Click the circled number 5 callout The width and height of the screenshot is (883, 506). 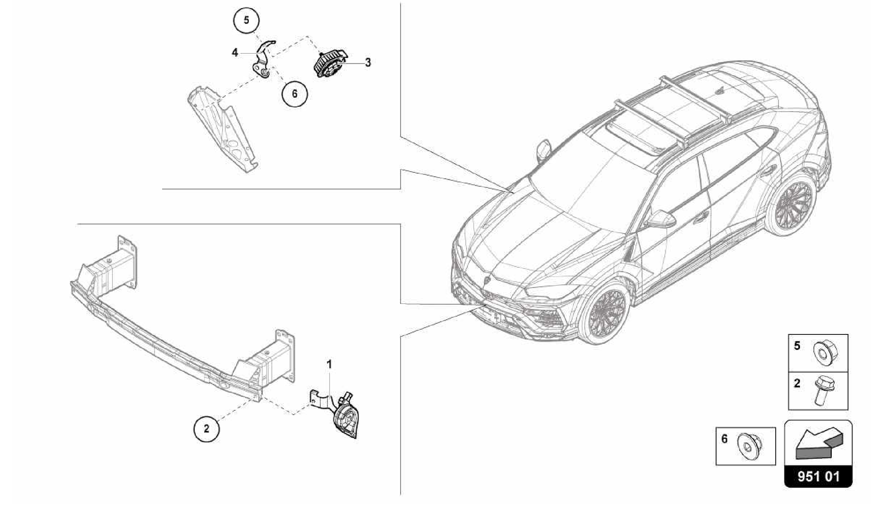pos(246,20)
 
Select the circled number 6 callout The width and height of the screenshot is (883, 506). pos(294,94)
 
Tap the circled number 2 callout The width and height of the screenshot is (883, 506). pos(207,429)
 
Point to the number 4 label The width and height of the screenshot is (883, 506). pos(235,53)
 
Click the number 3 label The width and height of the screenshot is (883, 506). pos(368,63)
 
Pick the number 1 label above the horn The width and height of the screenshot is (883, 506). pos(329,365)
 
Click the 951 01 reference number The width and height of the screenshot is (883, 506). pos(818,477)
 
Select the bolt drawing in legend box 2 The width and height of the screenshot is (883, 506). pos(822,390)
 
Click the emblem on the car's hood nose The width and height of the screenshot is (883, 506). pos(487,281)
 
